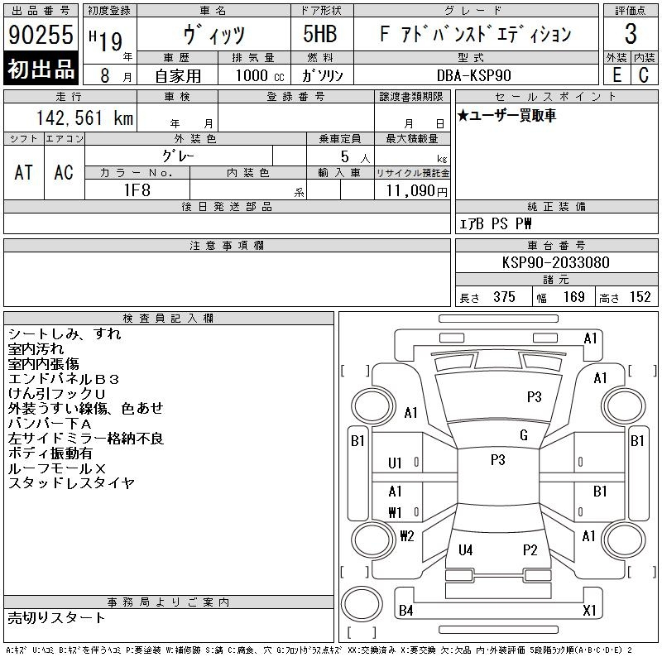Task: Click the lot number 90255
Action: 41,35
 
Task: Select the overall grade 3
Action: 631,34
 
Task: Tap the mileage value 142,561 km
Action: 84,118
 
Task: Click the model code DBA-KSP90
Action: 473,75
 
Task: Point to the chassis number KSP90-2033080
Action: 555,262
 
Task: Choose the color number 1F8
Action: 137,190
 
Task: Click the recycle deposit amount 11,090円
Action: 417,191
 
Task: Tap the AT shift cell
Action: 24,172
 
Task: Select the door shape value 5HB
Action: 320,34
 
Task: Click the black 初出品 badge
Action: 41,69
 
